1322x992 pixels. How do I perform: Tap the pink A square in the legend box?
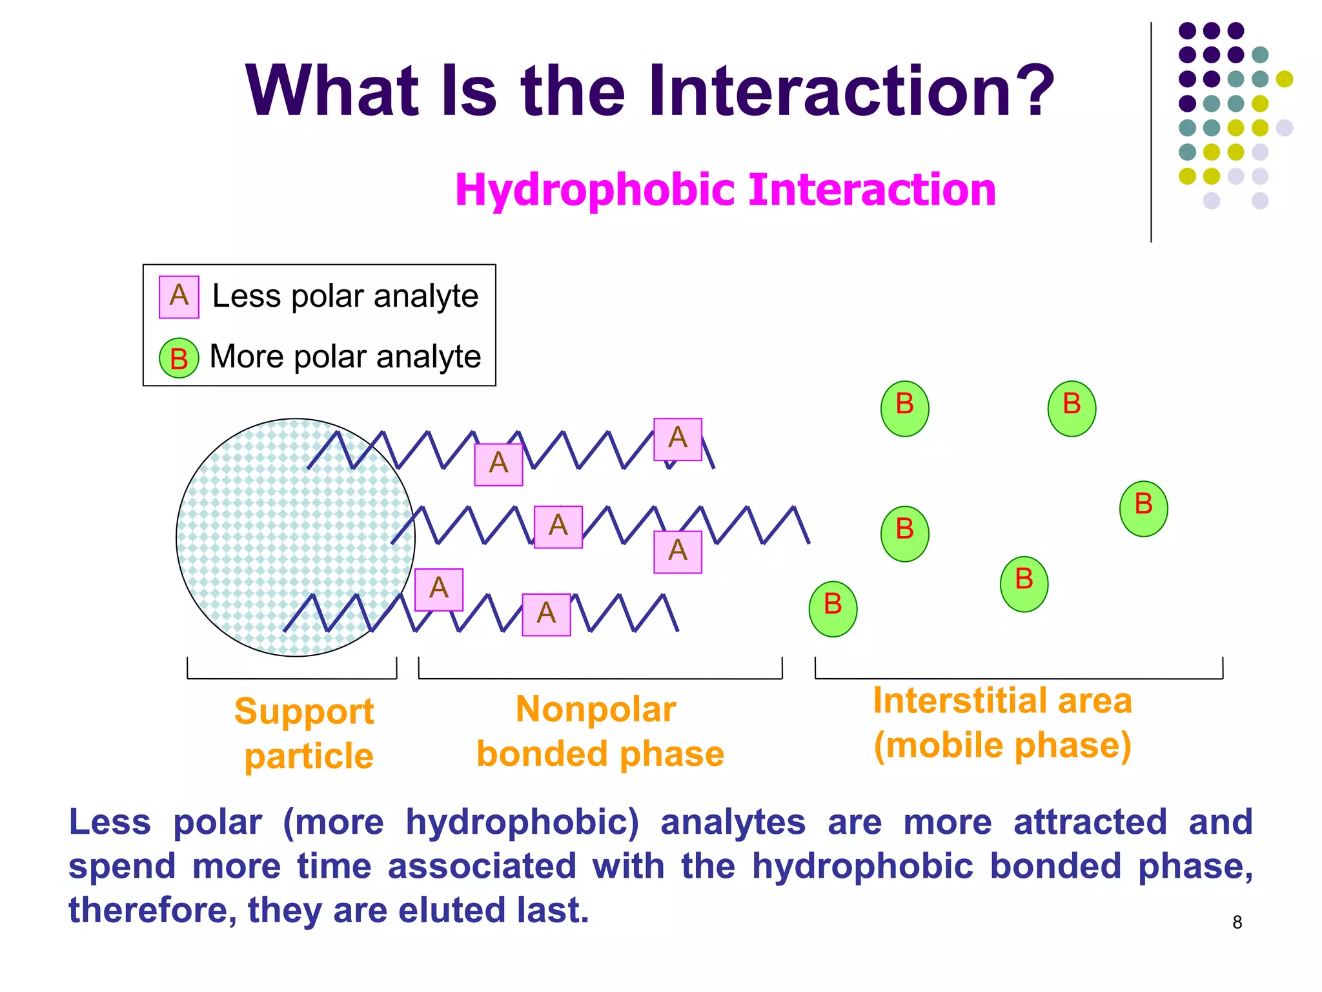coord(179,297)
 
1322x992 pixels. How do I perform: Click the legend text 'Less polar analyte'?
coord(345,296)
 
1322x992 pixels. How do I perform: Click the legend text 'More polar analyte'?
coord(345,356)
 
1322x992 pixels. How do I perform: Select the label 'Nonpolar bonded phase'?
coord(600,732)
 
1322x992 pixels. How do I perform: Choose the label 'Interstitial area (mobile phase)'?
coord(1002,723)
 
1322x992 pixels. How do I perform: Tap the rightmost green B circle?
coord(1143,509)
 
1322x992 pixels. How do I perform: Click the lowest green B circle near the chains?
coord(833,609)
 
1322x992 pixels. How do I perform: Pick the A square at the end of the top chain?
coord(678,439)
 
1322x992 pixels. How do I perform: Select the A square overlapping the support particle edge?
coord(439,590)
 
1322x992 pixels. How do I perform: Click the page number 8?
coord(1237,922)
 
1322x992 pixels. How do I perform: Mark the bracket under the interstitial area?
coord(1019,677)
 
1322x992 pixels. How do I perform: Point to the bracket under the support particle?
coord(292,677)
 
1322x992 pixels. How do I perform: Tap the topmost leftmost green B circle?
coord(904,409)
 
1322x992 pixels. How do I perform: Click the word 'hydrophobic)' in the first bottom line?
coord(522,823)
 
